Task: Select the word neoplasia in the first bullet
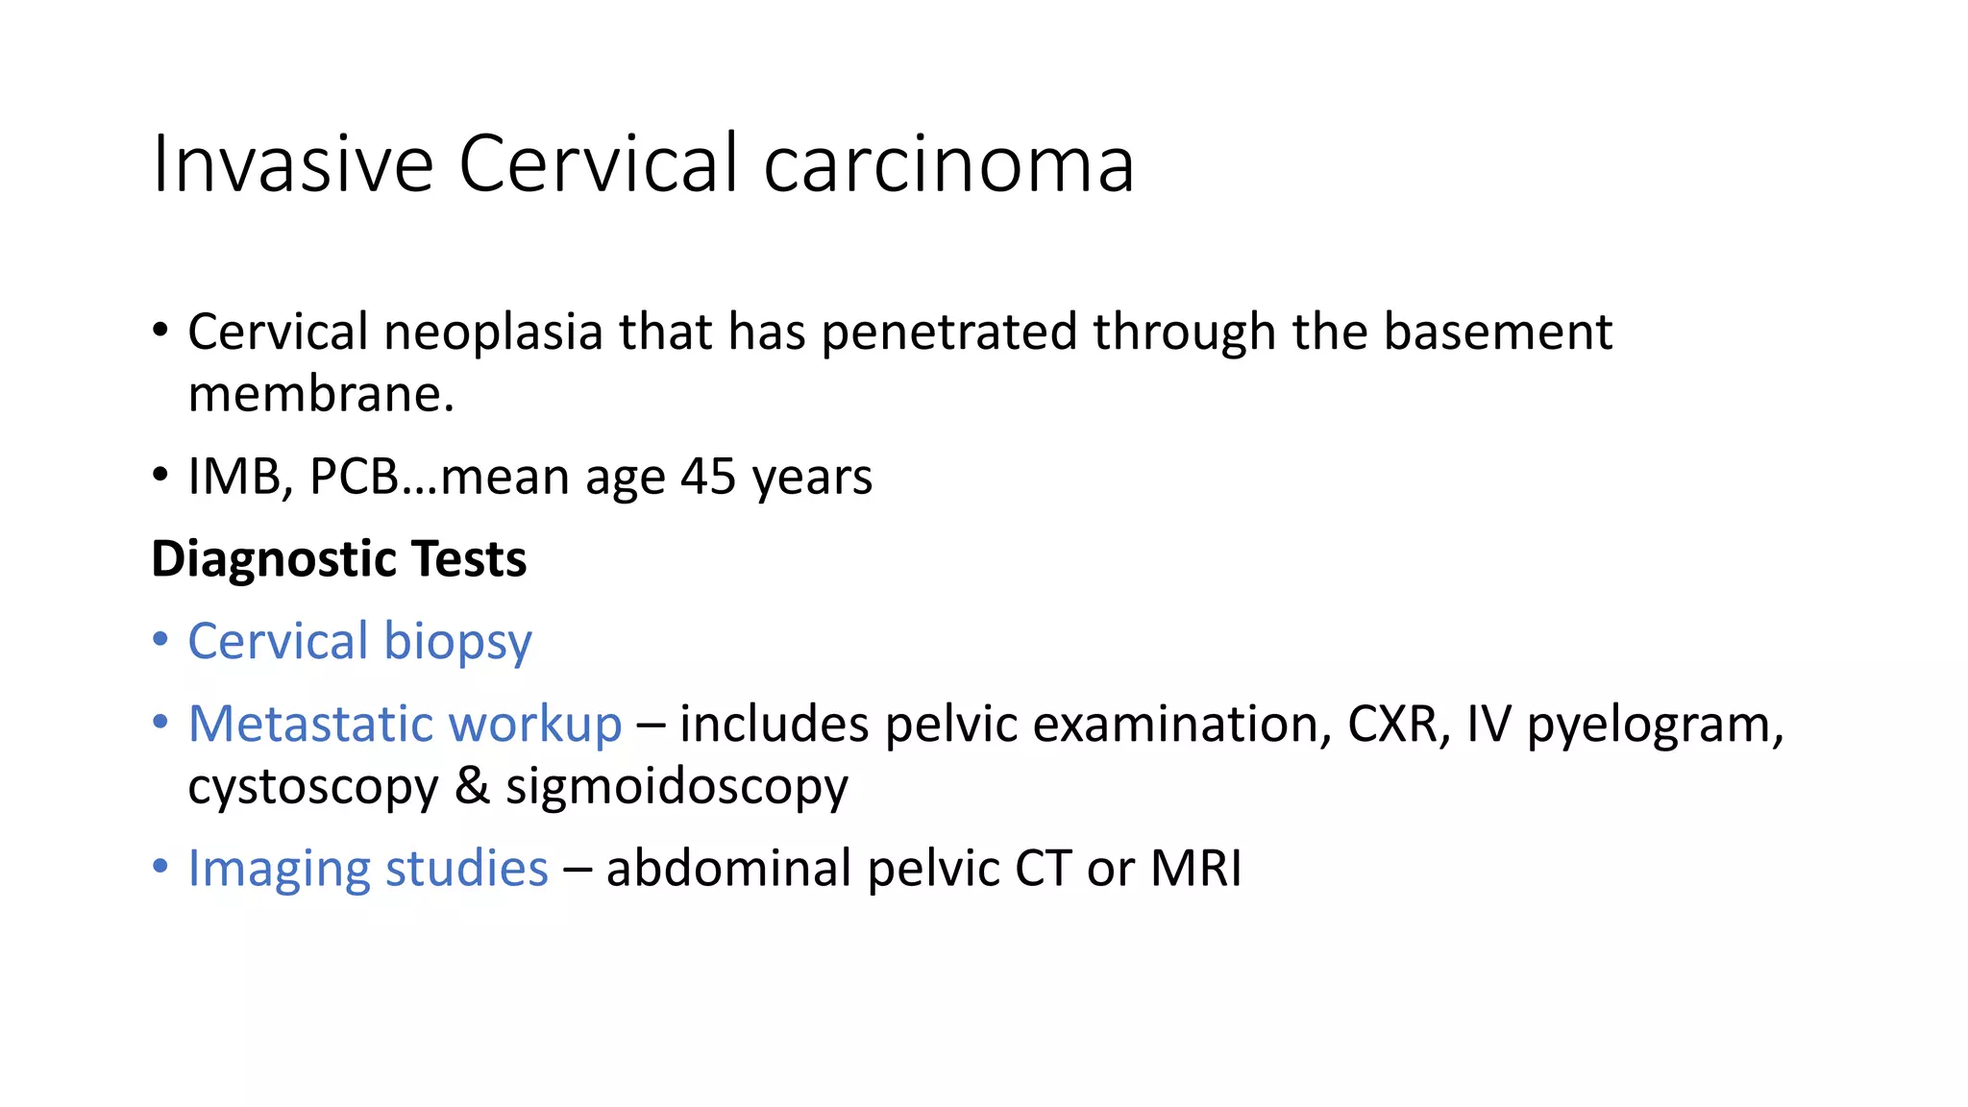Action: click(493, 332)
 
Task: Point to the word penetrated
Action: click(948, 332)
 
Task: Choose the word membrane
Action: click(321, 394)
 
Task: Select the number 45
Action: click(708, 477)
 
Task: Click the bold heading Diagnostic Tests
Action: click(339, 558)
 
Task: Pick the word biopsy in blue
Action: click(457, 642)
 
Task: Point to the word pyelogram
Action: click(1655, 726)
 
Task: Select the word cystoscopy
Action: click(313, 787)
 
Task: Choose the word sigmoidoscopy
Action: click(677, 787)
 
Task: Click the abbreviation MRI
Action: click(1196, 869)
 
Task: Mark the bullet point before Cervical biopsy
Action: click(160, 640)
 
